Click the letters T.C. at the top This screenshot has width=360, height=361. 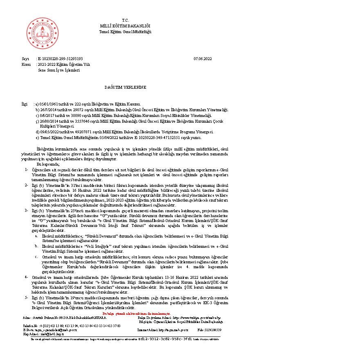tap(125, 20)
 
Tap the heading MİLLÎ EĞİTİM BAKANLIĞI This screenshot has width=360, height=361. tap(125, 26)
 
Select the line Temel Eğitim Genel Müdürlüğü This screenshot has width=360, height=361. tap(125, 32)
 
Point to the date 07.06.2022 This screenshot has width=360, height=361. tap(202, 59)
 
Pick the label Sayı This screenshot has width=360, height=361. tap(25, 59)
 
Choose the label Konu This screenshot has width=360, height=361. tap(26, 65)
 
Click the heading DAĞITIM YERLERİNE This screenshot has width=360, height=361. tap(125, 87)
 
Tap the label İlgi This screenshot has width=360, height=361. tap(25, 104)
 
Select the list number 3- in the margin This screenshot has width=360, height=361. tap(26, 210)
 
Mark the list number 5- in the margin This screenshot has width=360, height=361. tap(26, 297)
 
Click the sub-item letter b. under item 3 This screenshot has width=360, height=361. tap(36, 247)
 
